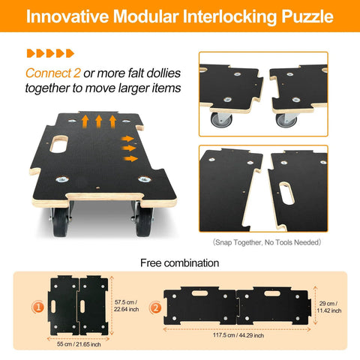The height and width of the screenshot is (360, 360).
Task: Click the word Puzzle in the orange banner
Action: [x=307, y=16]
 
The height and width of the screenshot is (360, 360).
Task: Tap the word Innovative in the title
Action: [x=67, y=16]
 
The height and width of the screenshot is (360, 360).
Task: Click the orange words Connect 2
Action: [x=53, y=73]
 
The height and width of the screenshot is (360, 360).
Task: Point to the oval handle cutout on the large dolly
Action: [x=58, y=144]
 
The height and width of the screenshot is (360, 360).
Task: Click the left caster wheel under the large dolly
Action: [x=61, y=222]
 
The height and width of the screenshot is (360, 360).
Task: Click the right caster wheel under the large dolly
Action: [x=144, y=222]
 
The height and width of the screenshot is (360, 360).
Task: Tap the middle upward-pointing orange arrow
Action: [x=99, y=121]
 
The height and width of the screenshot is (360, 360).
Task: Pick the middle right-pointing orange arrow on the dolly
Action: [x=129, y=148]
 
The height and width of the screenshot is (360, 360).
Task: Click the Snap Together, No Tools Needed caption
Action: [x=267, y=242]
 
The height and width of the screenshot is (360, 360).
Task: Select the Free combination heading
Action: [x=180, y=263]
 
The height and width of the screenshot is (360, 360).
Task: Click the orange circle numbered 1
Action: [x=38, y=307]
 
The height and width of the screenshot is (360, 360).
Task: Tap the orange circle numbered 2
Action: [x=155, y=307]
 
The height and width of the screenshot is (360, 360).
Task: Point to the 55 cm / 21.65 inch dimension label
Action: [x=79, y=344]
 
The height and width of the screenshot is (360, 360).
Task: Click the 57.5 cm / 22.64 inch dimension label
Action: [x=126, y=306]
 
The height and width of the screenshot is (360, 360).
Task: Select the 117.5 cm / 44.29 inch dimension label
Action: [x=238, y=335]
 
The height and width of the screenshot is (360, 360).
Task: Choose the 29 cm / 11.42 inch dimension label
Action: [x=329, y=307]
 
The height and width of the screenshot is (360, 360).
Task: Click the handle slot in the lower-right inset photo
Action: [x=286, y=193]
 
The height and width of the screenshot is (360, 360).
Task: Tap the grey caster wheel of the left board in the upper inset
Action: [x=221, y=120]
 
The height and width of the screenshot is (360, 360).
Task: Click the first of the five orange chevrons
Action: [x=31, y=53]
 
